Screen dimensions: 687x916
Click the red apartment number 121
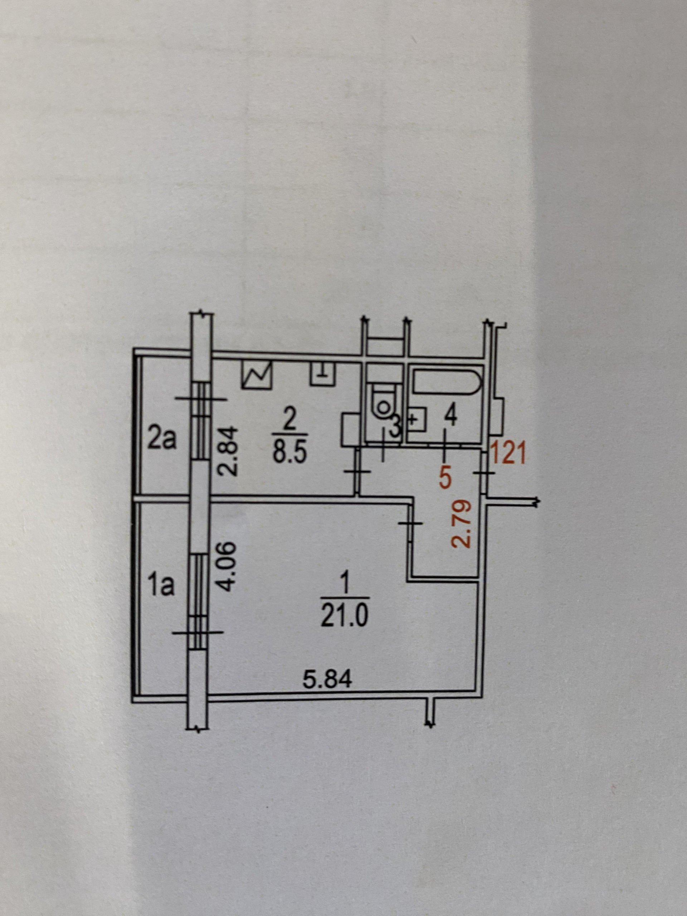(508, 453)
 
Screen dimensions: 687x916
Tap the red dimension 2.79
(463, 525)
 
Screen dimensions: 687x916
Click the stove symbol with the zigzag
(257, 375)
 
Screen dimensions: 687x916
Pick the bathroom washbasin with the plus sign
(417, 419)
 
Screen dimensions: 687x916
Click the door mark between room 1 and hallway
(410, 523)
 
